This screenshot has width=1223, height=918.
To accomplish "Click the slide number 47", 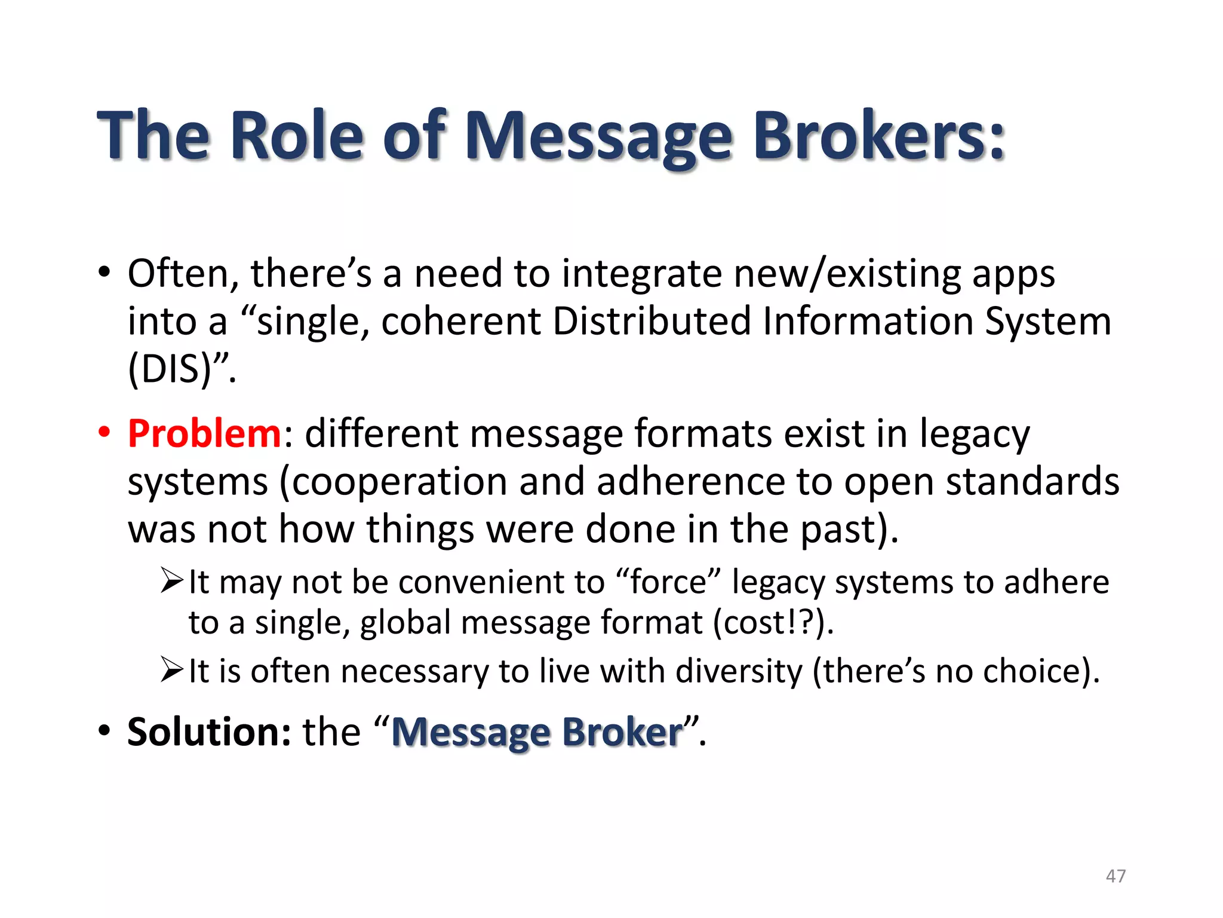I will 1116,876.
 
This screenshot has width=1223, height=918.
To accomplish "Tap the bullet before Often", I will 105,272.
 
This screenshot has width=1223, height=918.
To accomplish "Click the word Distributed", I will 652,321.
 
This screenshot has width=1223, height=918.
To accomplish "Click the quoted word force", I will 668,582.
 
